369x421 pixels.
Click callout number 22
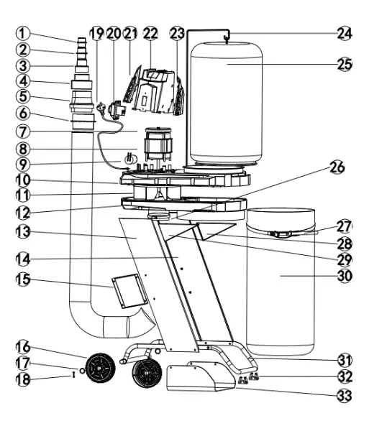pyautogui.click(x=150, y=34)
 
